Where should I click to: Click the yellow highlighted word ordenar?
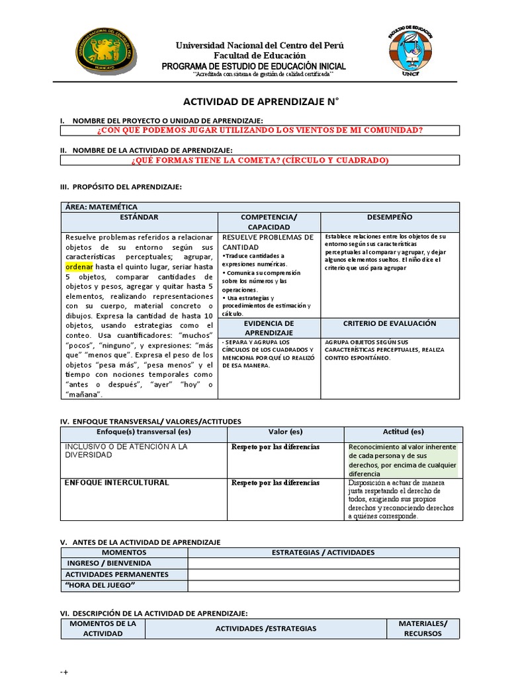coord(79,266)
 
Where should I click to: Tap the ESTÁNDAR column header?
coord(140,217)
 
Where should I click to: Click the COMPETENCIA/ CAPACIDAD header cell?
coord(269,222)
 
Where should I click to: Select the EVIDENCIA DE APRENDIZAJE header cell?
coord(269,328)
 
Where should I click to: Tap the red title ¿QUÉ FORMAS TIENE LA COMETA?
coord(259,161)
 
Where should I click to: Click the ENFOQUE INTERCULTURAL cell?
coord(116,483)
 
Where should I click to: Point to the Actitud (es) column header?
coord(403,432)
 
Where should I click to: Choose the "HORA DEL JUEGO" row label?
coord(100,586)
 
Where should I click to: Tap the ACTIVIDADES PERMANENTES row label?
coord(116,575)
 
